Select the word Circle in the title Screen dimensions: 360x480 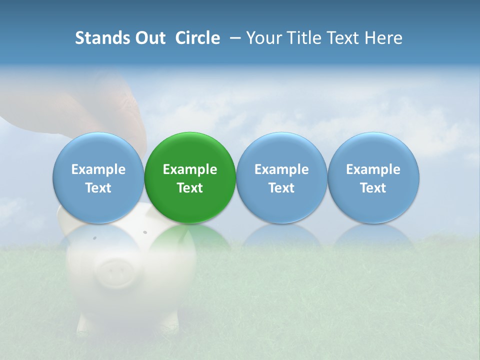click(x=197, y=38)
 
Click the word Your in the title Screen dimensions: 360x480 click(x=261, y=38)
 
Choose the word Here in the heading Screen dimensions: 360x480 click(x=383, y=38)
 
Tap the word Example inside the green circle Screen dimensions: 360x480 click(x=190, y=169)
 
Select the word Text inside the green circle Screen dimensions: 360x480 click(x=190, y=188)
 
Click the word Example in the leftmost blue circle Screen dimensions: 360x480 click(x=98, y=169)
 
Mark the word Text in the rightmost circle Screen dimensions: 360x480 click(x=373, y=188)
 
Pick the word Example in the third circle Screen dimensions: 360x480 click(x=281, y=169)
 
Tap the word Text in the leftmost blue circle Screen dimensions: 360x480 click(x=98, y=188)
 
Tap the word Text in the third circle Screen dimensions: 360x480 click(x=281, y=188)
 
